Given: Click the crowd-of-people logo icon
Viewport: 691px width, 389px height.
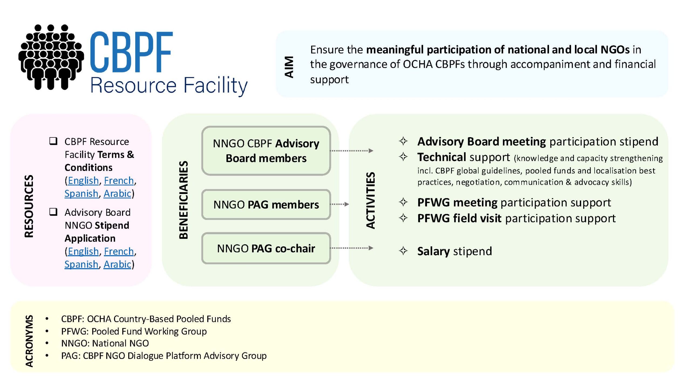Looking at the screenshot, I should pyautogui.click(x=51, y=57).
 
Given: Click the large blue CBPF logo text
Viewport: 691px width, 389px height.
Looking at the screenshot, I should pyautogui.click(x=131, y=52).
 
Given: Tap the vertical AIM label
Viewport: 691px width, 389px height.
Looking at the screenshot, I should pyautogui.click(x=289, y=67).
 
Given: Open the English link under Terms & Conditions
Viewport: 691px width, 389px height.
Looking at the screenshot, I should pyautogui.click(x=83, y=180).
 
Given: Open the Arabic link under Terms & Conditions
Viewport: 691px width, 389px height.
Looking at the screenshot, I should pyautogui.click(x=117, y=193).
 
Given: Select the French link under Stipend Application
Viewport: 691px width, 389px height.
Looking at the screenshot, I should pyautogui.click(x=119, y=251).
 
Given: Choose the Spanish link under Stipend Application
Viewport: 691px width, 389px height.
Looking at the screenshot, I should pyautogui.click(x=81, y=264).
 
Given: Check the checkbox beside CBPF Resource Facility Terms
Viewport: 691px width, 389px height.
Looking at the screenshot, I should pyautogui.click(x=53, y=141).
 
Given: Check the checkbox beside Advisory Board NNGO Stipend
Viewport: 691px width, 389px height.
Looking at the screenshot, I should pyautogui.click(x=53, y=212).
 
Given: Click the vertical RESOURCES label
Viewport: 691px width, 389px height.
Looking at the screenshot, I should pyautogui.click(x=29, y=206).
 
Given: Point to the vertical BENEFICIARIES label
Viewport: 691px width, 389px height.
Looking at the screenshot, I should pyautogui.click(x=184, y=200).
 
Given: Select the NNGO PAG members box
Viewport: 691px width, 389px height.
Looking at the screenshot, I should pyautogui.click(x=266, y=204).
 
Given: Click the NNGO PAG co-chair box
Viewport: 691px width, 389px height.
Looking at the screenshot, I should pyautogui.click(x=266, y=248).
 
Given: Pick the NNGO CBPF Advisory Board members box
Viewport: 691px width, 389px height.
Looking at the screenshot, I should pyautogui.click(x=266, y=151).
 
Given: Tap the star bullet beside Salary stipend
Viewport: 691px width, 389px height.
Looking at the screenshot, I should pyautogui.click(x=403, y=251).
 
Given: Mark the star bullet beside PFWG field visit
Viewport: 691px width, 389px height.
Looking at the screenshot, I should pyautogui.click(x=403, y=218).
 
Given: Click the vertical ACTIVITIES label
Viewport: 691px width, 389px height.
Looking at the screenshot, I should pyautogui.click(x=371, y=200).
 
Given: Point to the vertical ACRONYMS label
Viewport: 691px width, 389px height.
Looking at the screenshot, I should pyautogui.click(x=29, y=341).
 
